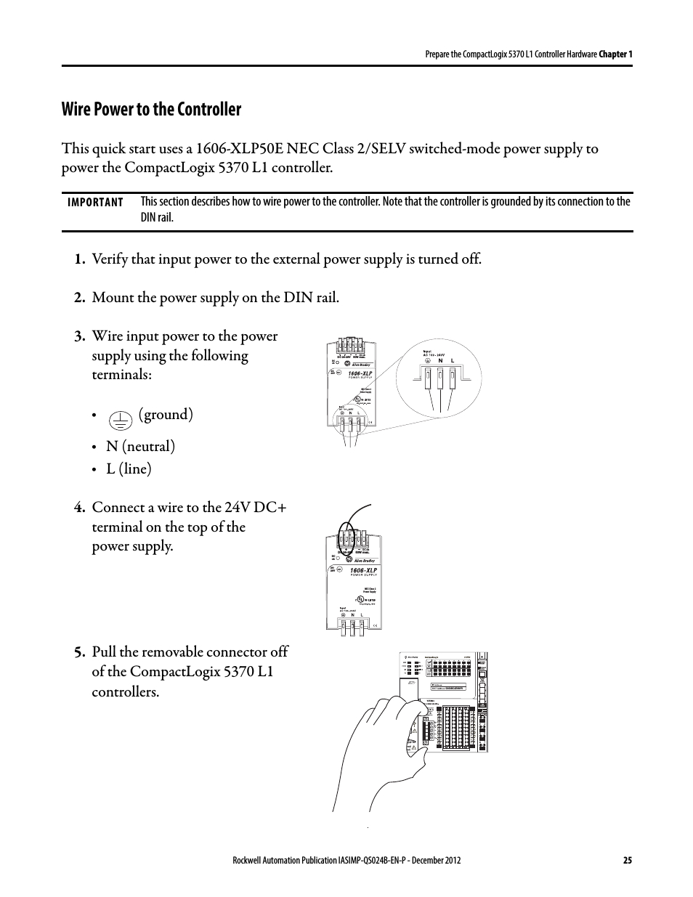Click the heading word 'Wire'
[x=79, y=110]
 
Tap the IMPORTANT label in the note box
[x=95, y=203]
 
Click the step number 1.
[x=79, y=259]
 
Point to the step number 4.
[x=79, y=507]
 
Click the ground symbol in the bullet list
[x=119, y=418]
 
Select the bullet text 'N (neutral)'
[x=140, y=446]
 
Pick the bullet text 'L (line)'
[x=129, y=468]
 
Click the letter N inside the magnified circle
[x=440, y=361]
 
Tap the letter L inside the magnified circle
[x=453, y=361]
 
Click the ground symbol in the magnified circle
[x=428, y=361]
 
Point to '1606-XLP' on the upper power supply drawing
[x=361, y=373]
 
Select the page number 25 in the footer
[x=627, y=861]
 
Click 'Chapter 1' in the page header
[x=615, y=54]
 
